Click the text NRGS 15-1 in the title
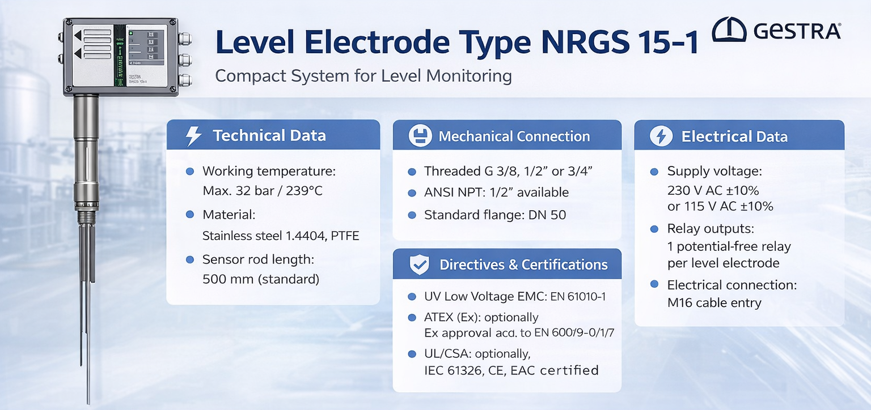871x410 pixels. (620, 42)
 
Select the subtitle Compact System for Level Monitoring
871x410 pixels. (363, 76)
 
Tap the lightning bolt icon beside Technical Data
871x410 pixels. (193, 136)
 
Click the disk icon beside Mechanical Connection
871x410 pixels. (420, 136)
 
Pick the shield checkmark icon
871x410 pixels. (420, 264)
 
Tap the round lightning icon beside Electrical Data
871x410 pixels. (661, 136)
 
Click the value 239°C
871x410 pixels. (304, 191)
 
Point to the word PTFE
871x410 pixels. (345, 236)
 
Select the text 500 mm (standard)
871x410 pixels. (261, 279)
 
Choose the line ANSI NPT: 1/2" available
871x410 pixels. (497, 192)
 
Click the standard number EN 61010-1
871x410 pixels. (578, 297)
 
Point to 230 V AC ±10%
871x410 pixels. (713, 190)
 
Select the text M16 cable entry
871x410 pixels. (714, 302)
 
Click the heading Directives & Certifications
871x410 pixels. (523, 264)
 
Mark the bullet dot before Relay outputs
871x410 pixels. (654, 229)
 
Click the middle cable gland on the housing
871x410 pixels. (185, 60)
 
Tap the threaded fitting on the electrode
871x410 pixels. (86, 217)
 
